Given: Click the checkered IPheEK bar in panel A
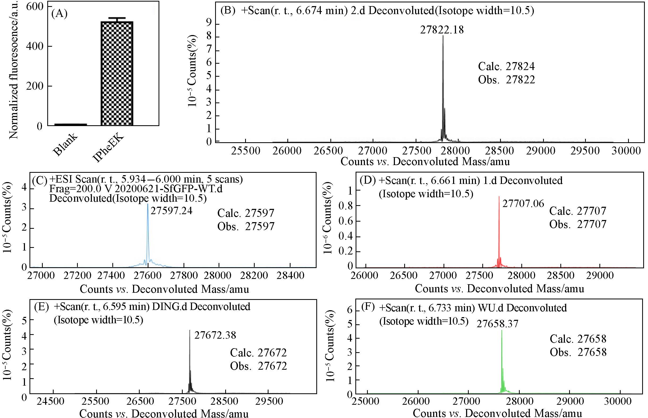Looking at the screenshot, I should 117,73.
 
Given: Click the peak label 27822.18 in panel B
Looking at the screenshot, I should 442,29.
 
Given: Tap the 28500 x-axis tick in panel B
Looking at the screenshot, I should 500,151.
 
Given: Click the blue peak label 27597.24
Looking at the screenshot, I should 171,211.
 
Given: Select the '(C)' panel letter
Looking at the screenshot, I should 40,180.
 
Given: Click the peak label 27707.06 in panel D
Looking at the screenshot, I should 523,204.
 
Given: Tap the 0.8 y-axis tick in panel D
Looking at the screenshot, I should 346,206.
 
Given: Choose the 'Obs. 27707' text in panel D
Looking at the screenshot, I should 578,225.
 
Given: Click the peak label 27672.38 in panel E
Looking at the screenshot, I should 215,335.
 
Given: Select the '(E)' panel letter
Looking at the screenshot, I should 41,307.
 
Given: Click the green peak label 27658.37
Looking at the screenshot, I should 497,324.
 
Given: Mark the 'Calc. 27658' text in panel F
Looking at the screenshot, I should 578,339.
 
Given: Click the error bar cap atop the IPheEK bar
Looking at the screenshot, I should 117,18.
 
